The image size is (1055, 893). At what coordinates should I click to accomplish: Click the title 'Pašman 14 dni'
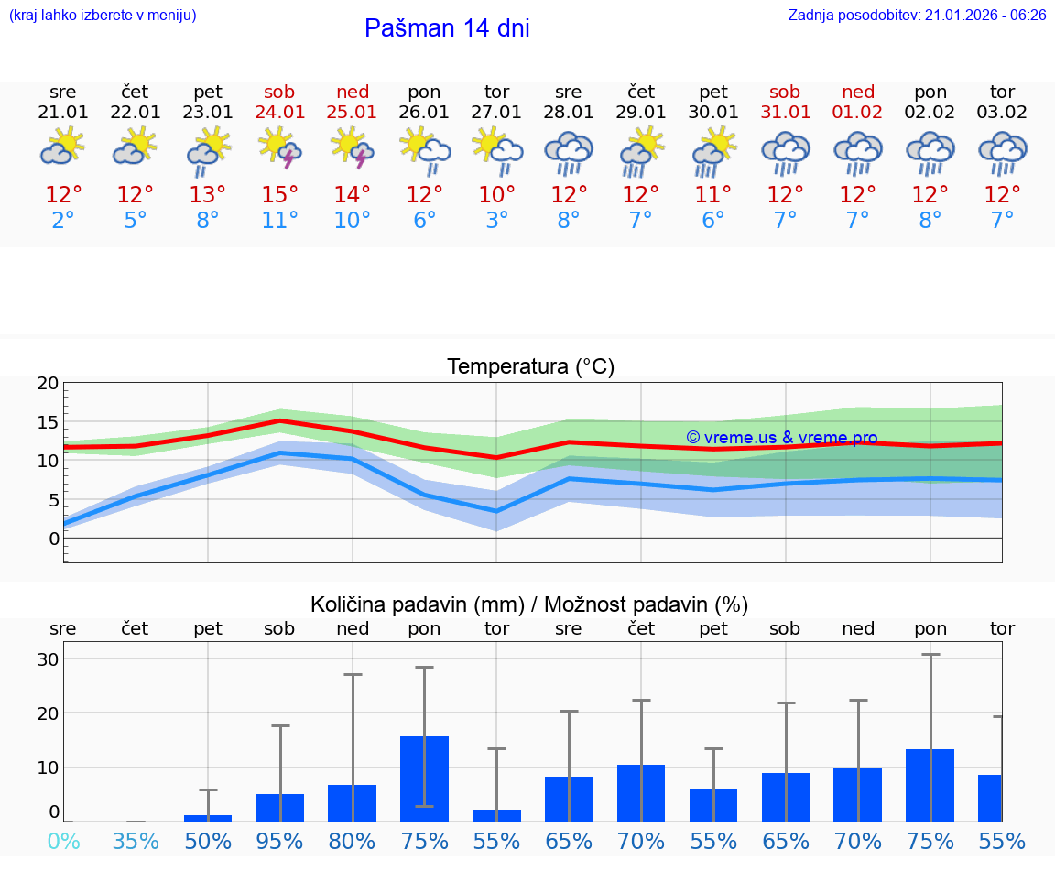pyautogui.click(x=447, y=28)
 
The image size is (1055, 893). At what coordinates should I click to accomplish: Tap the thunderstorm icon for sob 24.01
pyautogui.click(x=280, y=148)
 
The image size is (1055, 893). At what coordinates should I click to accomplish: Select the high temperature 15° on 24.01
pyautogui.click(x=280, y=195)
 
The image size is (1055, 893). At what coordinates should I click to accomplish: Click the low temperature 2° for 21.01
pyautogui.click(x=63, y=221)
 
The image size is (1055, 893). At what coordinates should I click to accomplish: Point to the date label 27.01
pyautogui.click(x=496, y=113)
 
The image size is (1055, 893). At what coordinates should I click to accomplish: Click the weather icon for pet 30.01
pyautogui.click(x=713, y=150)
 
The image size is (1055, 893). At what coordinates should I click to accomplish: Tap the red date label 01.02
pyautogui.click(x=858, y=113)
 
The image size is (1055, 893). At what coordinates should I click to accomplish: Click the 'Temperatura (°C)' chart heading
pyautogui.click(x=530, y=367)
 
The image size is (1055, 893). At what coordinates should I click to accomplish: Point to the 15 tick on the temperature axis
pyautogui.click(x=48, y=422)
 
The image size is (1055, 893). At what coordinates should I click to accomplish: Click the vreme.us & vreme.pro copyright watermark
pyautogui.click(x=782, y=438)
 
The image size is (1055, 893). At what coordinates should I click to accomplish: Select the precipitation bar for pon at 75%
pyautogui.click(x=424, y=779)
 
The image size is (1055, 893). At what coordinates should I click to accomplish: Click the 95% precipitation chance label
pyautogui.click(x=280, y=842)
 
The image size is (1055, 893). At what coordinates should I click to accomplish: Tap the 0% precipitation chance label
pyautogui.click(x=63, y=842)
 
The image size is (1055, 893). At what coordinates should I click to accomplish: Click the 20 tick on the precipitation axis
pyautogui.click(x=48, y=713)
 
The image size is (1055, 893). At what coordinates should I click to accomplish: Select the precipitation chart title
pyautogui.click(x=529, y=604)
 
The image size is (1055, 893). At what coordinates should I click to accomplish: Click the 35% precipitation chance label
pyautogui.click(x=136, y=842)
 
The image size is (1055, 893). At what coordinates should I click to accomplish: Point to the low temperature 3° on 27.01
pyautogui.click(x=496, y=221)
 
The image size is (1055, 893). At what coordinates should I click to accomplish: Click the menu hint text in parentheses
pyautogui.click(x=103, y=16)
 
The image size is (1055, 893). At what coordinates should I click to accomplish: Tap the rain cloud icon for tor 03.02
pyautogui.click(x=1002, y=152)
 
